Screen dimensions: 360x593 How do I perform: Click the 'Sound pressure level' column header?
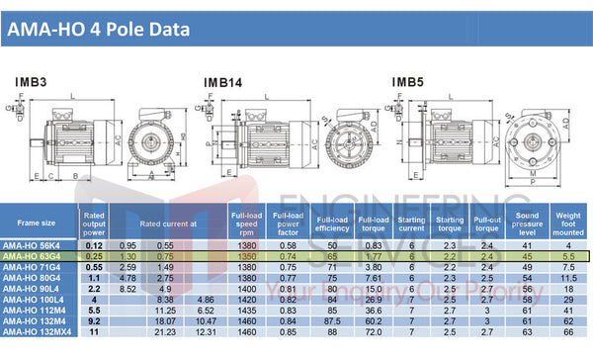point(527,223)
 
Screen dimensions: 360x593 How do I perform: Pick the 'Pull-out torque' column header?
point(486,223)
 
